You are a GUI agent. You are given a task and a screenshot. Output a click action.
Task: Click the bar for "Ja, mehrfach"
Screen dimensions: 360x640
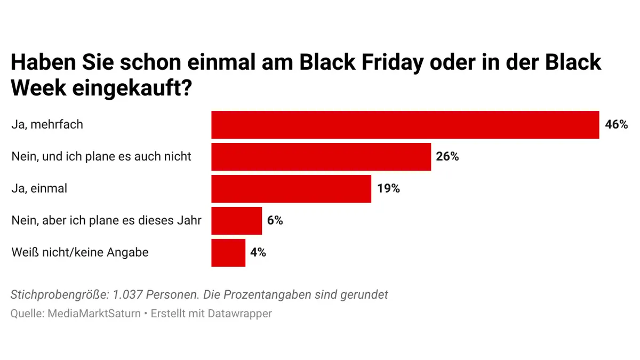(405, 125)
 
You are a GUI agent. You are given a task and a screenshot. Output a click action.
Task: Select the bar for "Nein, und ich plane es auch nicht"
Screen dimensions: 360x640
(321, 157)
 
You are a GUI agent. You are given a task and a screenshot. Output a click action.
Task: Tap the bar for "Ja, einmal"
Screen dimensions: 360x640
(291, 189)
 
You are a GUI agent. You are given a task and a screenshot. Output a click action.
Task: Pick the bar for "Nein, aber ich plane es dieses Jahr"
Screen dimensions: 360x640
(236, 221)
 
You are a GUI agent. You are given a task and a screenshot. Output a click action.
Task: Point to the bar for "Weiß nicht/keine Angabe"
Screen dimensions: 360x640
(228, 253)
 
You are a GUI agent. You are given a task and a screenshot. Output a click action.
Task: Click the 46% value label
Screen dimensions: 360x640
(617, 125)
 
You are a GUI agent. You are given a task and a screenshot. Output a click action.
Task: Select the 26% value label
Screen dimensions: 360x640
(447, 157)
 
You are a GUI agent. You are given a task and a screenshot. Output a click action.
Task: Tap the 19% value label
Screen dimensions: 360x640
(388, 189)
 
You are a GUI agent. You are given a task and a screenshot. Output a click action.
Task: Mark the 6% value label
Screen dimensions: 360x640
(275, 221)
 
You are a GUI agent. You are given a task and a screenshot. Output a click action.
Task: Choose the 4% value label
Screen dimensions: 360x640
(258, 253)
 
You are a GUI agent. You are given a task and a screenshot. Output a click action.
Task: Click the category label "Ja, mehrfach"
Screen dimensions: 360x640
(47, 125)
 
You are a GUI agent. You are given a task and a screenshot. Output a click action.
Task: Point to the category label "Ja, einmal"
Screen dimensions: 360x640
(39, 189)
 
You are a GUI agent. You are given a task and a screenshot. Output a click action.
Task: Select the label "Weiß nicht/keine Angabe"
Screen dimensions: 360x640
(80, 253)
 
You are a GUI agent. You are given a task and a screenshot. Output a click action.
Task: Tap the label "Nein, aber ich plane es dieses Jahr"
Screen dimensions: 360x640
(106, 221)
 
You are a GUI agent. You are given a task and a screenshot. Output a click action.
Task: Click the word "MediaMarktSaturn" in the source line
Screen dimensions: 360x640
(94, 314)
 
